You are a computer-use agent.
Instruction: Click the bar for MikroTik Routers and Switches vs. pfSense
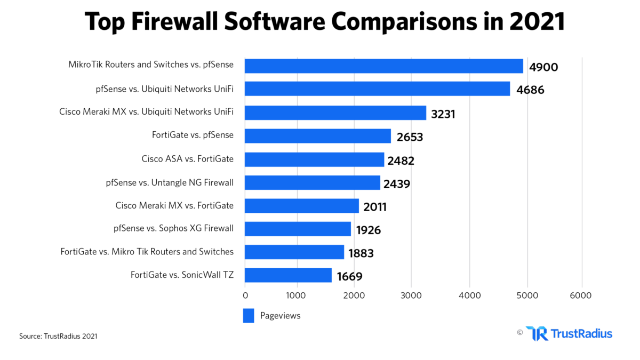383,66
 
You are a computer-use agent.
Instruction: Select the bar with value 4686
377,89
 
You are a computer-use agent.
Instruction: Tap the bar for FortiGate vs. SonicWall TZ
288,276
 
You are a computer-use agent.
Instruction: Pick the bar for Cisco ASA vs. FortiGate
314,159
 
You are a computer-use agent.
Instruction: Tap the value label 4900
543,67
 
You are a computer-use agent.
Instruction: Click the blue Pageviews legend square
249,316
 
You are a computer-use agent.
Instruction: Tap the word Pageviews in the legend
280,316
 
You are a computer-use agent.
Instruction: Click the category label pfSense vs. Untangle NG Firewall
170,183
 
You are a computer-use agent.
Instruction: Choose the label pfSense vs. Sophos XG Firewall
173,229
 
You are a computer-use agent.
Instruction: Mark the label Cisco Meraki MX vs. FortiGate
174,205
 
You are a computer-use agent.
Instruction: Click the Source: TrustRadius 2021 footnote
58,337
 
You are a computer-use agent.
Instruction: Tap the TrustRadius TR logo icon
536,334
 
